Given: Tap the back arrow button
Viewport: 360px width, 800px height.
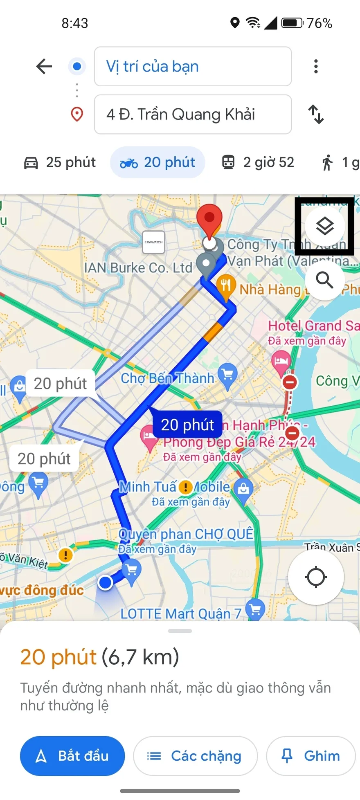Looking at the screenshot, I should [44, 66].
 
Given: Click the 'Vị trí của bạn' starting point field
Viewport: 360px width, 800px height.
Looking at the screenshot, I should [193, 66].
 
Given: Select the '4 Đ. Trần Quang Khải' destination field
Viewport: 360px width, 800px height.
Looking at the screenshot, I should [193, 115].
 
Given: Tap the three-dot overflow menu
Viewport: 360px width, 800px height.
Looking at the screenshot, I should [316, 66].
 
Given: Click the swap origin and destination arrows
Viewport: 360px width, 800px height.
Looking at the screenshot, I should [316, 115].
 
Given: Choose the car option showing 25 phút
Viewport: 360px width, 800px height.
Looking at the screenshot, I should [60, 163].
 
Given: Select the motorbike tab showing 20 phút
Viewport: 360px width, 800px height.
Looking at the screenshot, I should [157, 163].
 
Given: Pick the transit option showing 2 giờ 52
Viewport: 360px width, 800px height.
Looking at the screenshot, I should [258, 163].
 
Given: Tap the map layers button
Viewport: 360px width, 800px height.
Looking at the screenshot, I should [325, 226].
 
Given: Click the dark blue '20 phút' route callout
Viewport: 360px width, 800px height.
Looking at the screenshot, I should [187, 425].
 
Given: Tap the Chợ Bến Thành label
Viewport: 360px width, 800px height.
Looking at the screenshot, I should [168, 378].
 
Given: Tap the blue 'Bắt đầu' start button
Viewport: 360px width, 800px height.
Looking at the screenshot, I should [72, 756].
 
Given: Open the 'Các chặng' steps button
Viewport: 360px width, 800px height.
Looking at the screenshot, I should [195, 756].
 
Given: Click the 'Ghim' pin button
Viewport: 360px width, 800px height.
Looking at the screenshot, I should [311, 756].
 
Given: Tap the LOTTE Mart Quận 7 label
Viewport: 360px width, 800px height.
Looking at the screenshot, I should [181, 613].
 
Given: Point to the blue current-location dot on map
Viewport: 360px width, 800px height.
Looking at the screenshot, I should [106, 582].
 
